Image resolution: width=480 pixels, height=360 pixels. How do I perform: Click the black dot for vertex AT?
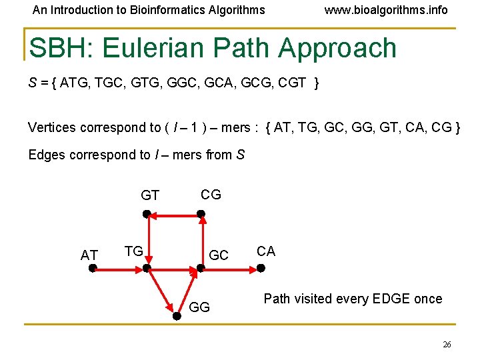point(93,268)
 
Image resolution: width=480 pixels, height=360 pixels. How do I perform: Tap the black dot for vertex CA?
point(261,268)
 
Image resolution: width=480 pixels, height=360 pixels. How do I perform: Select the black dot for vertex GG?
point(177,317)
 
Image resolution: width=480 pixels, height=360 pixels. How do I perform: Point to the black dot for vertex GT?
point(147,215)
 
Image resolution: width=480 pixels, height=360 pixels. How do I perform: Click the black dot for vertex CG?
point(201,215)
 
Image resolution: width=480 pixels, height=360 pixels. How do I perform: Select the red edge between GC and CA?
point(231,268)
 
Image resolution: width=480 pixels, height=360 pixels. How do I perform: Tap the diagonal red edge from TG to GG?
point(162,293)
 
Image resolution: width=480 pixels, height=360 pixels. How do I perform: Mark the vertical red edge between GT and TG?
point(147,241)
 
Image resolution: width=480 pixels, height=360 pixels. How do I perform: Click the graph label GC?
point(219,255)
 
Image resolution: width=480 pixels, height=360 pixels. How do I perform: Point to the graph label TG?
point(134,251)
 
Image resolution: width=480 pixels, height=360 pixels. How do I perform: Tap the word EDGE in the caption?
point(391,299)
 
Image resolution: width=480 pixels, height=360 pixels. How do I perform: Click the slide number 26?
point(447,345)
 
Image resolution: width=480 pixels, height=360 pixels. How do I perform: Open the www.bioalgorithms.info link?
point(385,10)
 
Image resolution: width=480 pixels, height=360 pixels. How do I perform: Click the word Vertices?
point(52,127)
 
